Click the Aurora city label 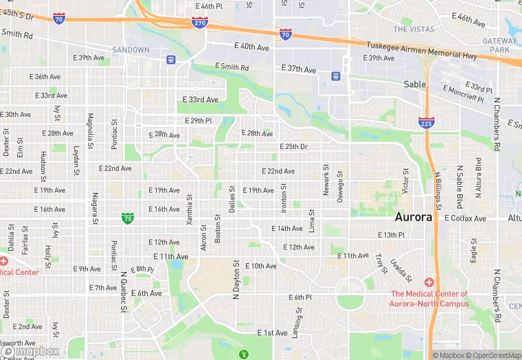tap(413, 217)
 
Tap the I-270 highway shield tap(200, 23)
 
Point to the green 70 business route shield tap(127, 218)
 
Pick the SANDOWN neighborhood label tap(130, 50)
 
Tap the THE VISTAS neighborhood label tap(413, 30)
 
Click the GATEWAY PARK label tap(500, 45)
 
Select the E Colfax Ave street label tap(465, 218)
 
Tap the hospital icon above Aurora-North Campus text tap(429, 282)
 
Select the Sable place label tap(414, 85)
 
